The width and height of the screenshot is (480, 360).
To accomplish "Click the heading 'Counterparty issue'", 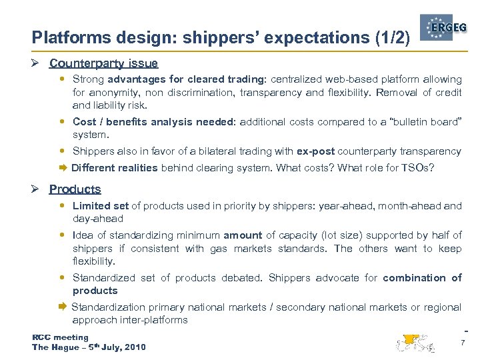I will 103,64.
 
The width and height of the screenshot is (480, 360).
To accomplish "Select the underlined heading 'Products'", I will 75,189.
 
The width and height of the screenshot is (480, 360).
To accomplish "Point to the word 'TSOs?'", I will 419,167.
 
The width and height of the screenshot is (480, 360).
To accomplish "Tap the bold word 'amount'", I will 243,235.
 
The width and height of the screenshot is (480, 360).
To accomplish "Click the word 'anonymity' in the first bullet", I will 114,93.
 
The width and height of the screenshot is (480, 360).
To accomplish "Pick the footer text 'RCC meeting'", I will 60,337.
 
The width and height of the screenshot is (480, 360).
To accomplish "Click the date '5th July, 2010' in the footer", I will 113,347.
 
